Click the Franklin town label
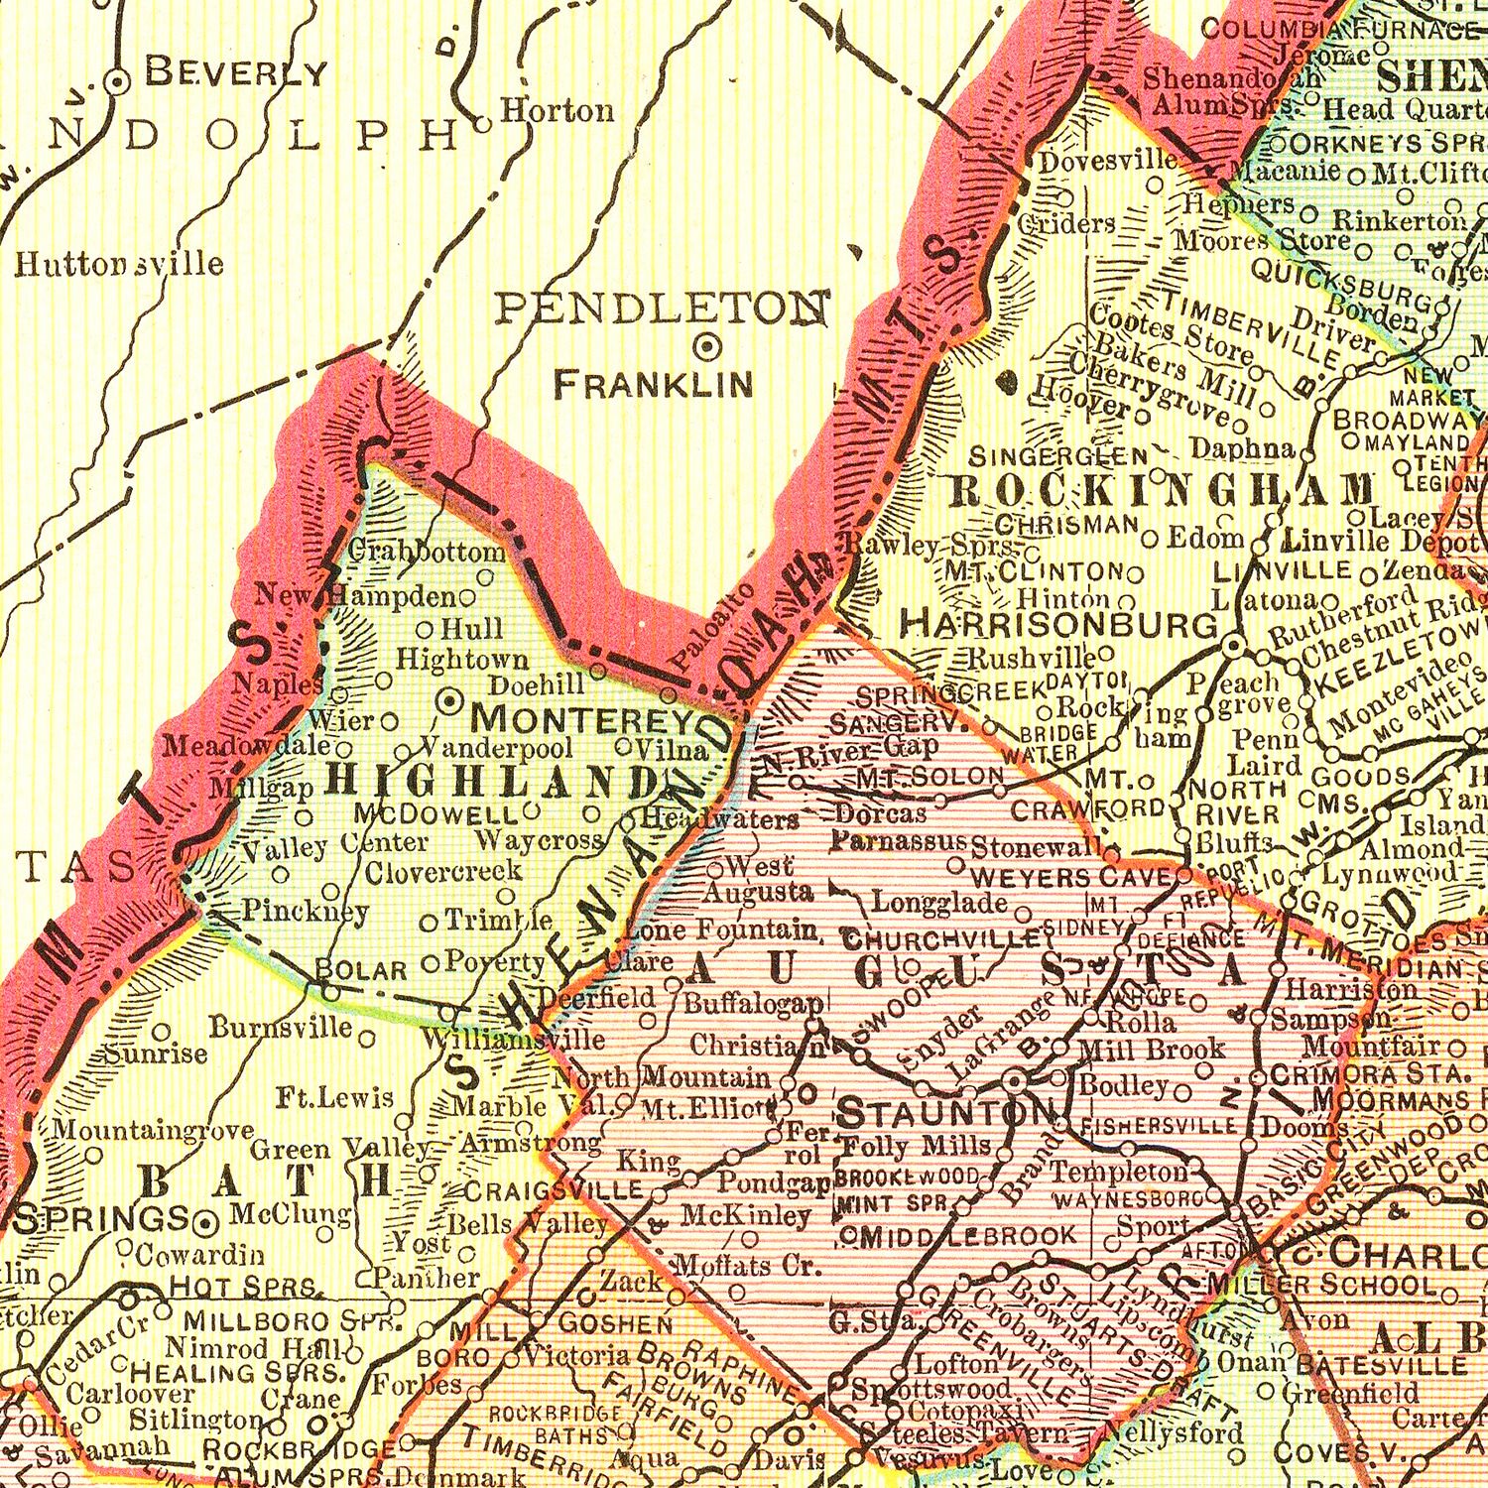point(654,384)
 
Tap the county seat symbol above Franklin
point(708,346)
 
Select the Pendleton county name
point(663,309)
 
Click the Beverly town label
point(236,72)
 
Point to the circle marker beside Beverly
point(118,82)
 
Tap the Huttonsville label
point(119,264)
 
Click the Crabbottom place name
point(428,551)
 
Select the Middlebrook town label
point(967,1236)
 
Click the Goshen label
point(616,1323)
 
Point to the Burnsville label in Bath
point(281,1026)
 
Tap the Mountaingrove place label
point(153,1129)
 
